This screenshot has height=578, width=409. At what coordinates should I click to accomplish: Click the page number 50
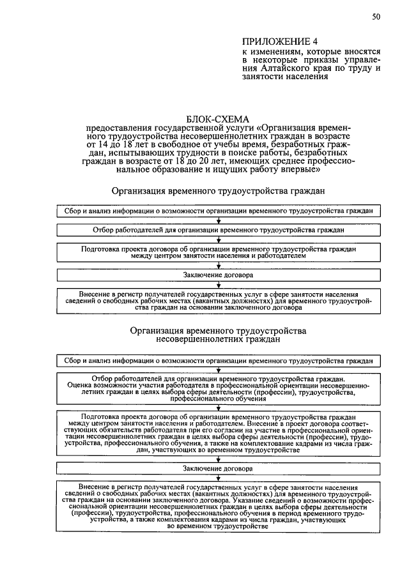[376, 17]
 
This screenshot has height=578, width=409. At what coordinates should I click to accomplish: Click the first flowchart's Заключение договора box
[218, 275]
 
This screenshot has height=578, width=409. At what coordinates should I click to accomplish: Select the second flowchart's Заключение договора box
[218, 468]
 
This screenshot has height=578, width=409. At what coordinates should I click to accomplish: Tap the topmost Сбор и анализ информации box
[218, 210]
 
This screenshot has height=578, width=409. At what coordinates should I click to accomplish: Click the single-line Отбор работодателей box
[218, 229]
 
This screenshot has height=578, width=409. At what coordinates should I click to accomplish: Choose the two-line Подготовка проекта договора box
[218, 252]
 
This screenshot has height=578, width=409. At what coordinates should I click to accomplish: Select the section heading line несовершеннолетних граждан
[218, 340]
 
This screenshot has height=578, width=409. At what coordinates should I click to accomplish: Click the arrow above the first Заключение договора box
[218, 265]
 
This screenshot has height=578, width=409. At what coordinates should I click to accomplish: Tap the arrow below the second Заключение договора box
[218, 477]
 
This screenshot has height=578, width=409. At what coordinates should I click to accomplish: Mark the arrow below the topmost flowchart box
[218, 220]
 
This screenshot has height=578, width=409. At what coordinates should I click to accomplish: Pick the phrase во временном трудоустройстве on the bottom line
[218, 526]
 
